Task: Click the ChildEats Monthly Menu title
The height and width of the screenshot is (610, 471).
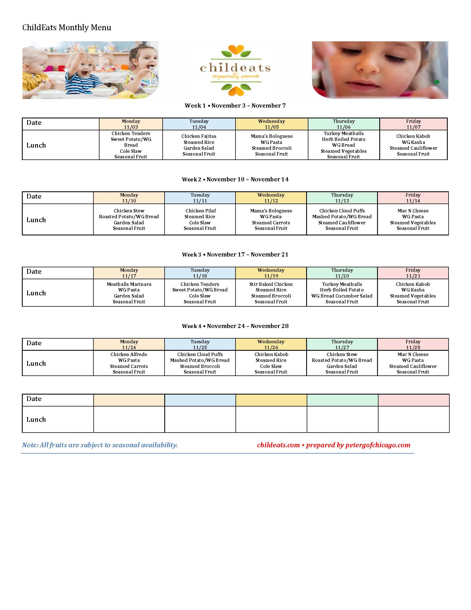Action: click(67, 28)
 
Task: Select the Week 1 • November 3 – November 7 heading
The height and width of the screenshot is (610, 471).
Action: click(235, 106)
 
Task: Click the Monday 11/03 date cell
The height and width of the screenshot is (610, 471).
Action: click(130, 124)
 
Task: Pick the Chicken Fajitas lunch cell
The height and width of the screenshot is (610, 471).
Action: click(199, 145)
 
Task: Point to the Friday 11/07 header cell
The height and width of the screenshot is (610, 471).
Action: click(413, 124)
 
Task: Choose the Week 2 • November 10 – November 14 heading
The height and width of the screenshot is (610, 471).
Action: click(235, 179)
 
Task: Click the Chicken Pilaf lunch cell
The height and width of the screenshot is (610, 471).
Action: click(200, 220)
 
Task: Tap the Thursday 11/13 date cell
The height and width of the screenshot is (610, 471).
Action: click(342, 198)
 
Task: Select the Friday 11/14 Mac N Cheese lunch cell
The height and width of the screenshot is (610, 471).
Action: click(413, 220)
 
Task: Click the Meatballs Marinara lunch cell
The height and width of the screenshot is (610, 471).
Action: click(129, 293)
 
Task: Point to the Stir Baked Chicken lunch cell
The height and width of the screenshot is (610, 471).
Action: click(271, 293)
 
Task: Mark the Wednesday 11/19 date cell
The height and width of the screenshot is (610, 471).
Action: click(271, 273)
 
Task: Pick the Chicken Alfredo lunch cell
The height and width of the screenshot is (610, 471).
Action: click(129, 363)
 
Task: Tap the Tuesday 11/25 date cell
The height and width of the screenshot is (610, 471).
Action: click(200, 344)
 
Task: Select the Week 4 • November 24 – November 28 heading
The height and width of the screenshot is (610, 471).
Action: click(235, 326)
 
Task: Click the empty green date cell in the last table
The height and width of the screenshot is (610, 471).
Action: click(342, 400)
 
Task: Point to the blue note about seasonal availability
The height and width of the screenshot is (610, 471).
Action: click(100, 445)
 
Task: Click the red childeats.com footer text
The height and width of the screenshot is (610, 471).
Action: click(278, 445)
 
